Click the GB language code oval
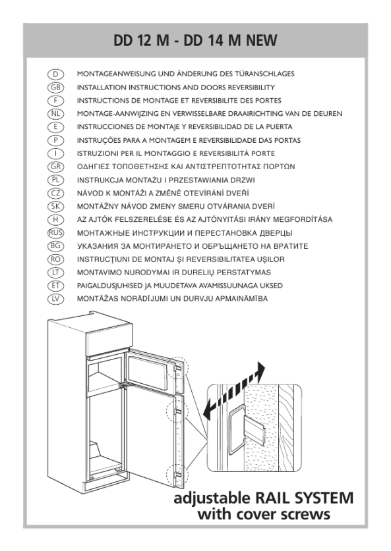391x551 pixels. pyautogui.click(x=55, y=87)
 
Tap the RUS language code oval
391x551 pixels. pyautogui.click(x=55, y=232)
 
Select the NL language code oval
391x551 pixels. pyautogui.click(x=55, y=113)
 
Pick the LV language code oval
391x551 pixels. pyautogui.click(x=55, y=299)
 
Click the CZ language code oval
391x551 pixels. pyautogui.click(x=55, y=193)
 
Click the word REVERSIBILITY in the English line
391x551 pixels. pyautogui.click(x=251, y=87)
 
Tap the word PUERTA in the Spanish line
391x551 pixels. pyautogui.click(x=280, y=127)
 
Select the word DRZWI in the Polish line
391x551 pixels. pyautogui.click(x=243, y=180)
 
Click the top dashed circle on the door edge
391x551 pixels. pyautogui.click(x=178, y=368)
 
